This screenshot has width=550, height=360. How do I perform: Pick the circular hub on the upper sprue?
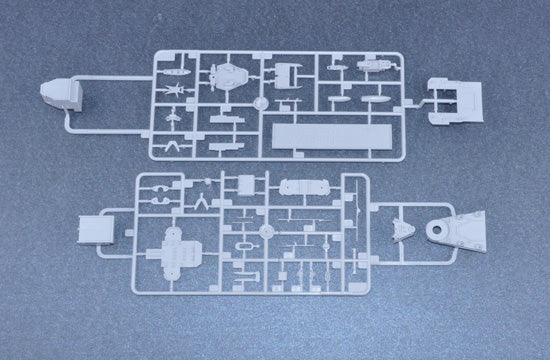click(x=261, y=103)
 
